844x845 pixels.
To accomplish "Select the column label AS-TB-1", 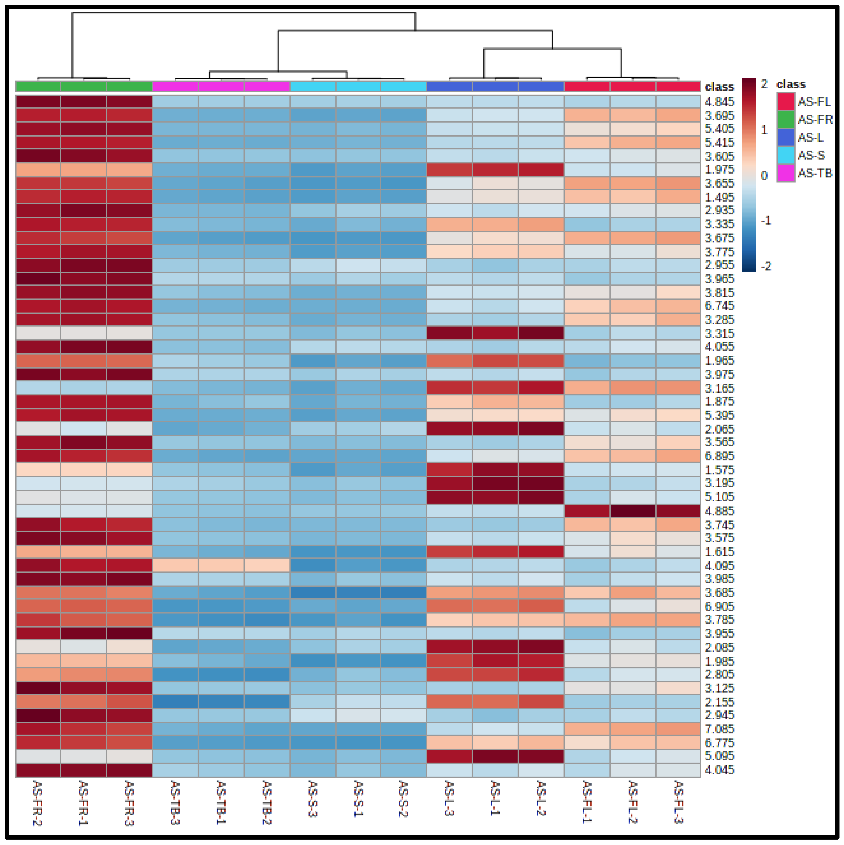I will pos(221,803).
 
